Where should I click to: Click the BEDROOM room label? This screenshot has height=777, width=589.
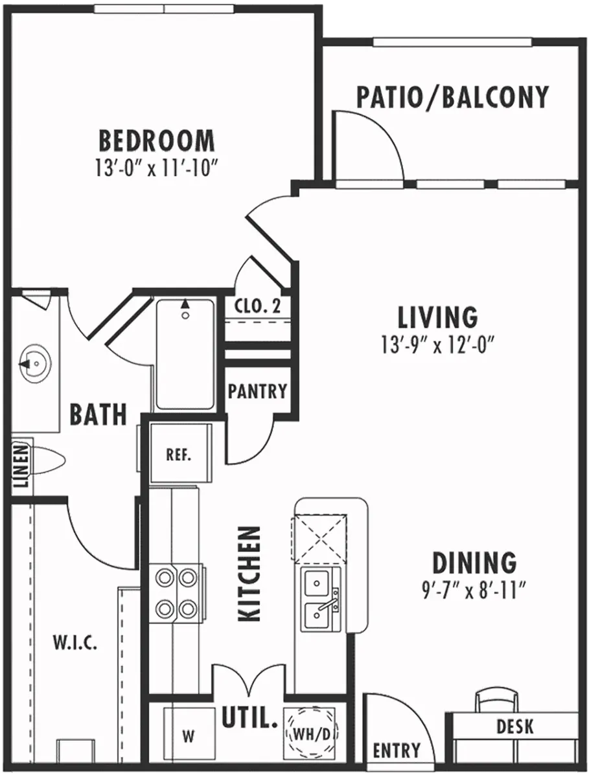[x=156, y=141]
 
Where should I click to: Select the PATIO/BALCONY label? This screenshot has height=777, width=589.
[x=452, y=96]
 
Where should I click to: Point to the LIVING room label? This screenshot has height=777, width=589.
[x=437, y=317]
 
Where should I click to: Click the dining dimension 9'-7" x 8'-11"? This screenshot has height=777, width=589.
[x=472, y=590]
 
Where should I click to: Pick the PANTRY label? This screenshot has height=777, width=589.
[x=257, y=391]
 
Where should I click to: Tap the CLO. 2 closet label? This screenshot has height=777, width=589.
[x=258, y=306]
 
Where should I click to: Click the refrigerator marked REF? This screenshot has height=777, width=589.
[x=178, y=454]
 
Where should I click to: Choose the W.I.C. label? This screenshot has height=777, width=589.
[x=75, y=643]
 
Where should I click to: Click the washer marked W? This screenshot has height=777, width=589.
[x=188, y=736]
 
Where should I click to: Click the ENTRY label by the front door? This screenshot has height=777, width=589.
[x=397, y=750]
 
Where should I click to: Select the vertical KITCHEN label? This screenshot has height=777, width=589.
[x=249, y=574]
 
